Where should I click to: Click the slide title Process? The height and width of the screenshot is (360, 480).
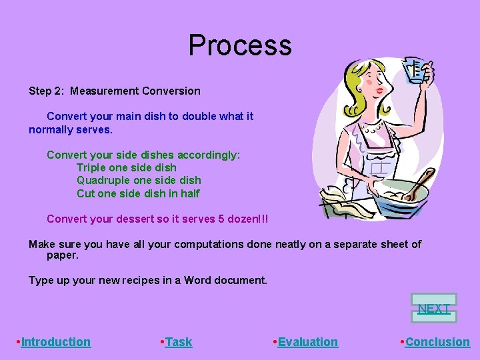click(x=240, y=45)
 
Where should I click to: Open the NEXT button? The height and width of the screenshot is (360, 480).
click(x=434, y=308)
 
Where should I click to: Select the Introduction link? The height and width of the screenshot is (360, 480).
click(x=56, y=342)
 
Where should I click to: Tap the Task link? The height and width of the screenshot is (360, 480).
click(x=178, y=342)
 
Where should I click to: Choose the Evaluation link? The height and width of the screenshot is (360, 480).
click(x=307, y=342)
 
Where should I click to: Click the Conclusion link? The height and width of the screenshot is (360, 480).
click(x=437, y=342)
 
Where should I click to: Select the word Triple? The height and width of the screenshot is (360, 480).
click(x=91, y=167)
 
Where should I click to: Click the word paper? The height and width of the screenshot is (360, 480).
click(x=63, y=255)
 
